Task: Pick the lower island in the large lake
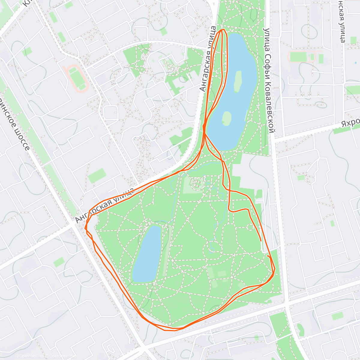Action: (226, 118)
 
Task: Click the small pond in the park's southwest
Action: (147, 253)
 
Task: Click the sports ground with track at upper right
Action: (301, 56)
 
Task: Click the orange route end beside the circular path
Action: (260, 240)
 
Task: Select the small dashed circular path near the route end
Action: (250, 227)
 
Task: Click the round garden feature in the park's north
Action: (197, 184)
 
